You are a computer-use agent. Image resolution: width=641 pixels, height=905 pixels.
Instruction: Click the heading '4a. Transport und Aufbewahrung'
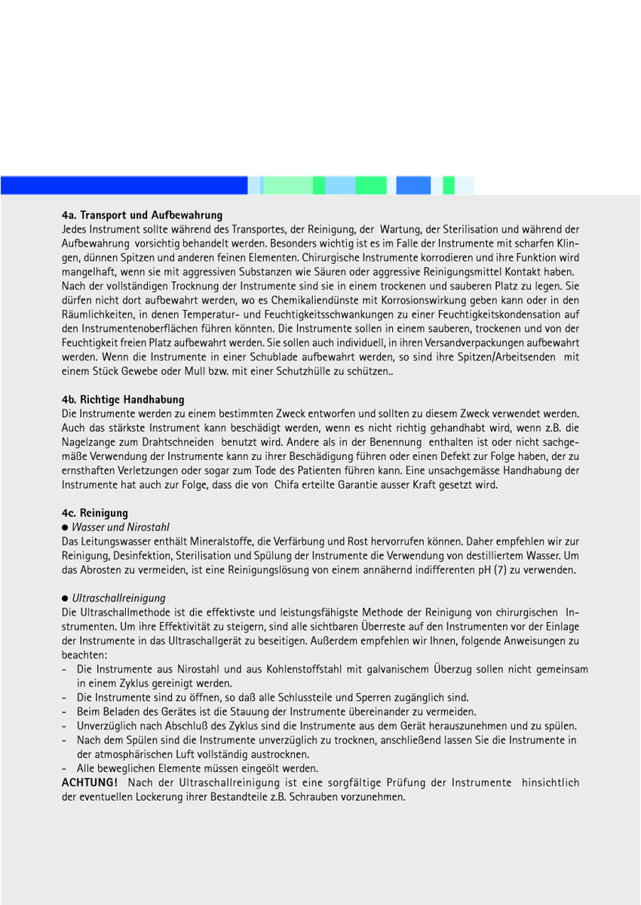pyautogui.click(x=142, y=216)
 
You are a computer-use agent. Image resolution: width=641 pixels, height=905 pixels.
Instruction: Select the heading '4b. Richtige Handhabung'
pyautogui.click(x=123, y=400)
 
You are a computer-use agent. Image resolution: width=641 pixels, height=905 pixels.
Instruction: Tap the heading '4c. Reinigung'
pyautogui.click(x=95, y=514)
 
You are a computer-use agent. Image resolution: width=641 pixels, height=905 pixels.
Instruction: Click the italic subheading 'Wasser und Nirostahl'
pyautogui.click(x=121, y=527)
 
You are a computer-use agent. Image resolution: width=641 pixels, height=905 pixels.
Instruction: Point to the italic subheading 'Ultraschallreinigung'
pyautogui.click(x=118, y=598)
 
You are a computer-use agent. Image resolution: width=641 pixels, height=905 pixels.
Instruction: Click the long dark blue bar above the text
pyautogui.click(x=124, y=186)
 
